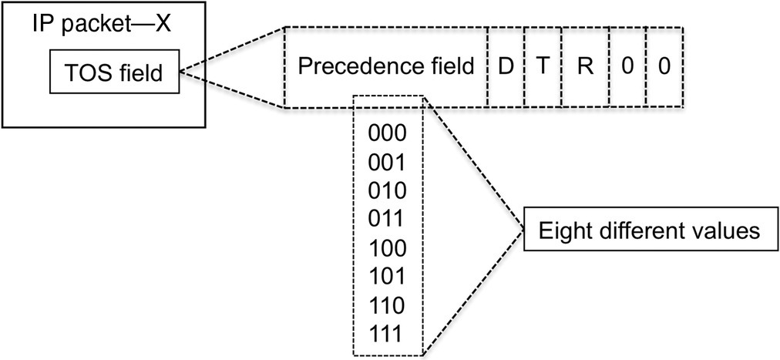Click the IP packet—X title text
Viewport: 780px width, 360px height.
click(x=100, y=23)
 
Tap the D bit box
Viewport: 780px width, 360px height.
click(x=506, y=67)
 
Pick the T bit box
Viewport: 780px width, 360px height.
click(x=543, y=67)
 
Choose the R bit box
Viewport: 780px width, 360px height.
click(x=586, y=67)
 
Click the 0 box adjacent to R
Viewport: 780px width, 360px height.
click(x=627, y=67)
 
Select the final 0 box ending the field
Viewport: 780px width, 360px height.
click(x=664, y=67)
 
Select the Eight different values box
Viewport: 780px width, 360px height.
click(x=649, y=230)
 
